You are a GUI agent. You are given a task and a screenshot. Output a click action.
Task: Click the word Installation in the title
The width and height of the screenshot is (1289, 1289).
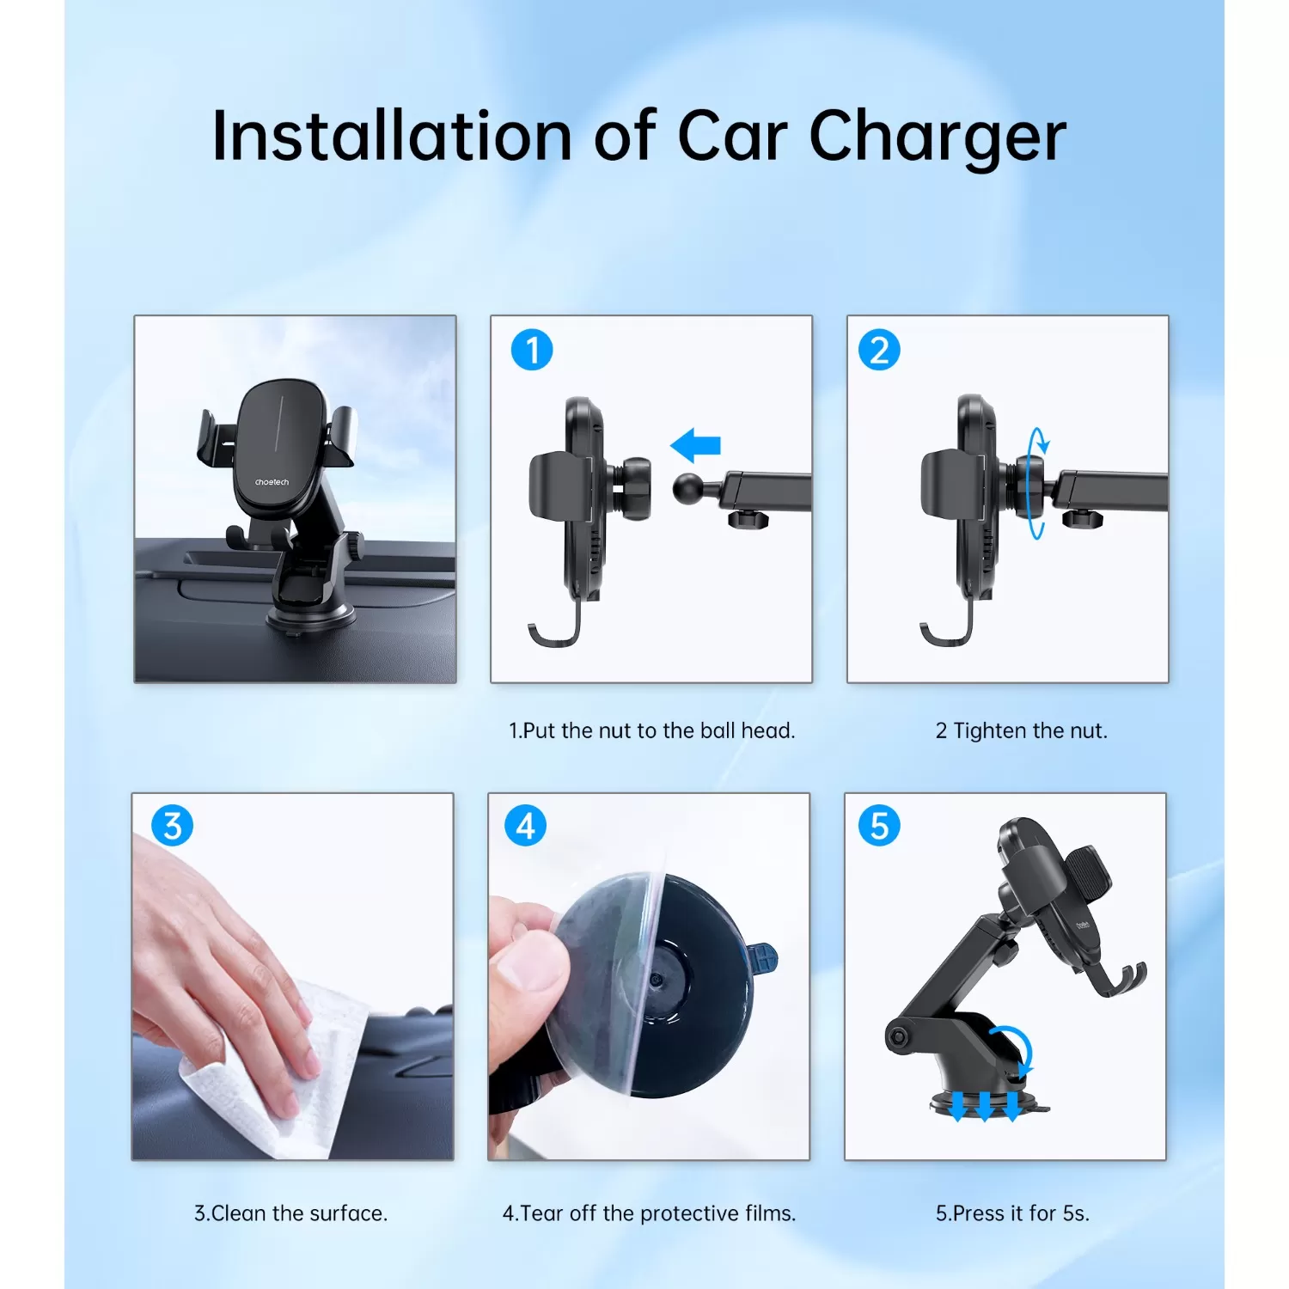point(392,136)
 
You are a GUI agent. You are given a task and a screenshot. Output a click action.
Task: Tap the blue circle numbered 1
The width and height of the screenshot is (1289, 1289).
point(532,351)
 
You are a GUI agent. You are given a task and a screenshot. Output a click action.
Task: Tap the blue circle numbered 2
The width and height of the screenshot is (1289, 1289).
point(879,351)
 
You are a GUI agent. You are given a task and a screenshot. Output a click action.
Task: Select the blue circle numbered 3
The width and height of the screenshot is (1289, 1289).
point(172,826)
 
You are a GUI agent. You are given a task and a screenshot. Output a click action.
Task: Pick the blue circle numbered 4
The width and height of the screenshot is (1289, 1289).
point(525,826)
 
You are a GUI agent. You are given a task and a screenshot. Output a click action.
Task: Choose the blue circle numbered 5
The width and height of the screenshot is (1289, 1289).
point(879,826)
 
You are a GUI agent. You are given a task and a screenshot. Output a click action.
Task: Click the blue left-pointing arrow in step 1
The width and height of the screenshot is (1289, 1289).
point(695,446)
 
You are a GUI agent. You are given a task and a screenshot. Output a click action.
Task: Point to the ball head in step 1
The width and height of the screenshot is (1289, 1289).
point(688,489)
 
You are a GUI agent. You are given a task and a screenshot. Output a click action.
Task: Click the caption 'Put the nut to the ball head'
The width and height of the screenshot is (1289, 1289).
point(651,730)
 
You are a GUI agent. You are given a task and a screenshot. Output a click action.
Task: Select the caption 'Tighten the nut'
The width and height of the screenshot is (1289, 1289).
point(1021,730)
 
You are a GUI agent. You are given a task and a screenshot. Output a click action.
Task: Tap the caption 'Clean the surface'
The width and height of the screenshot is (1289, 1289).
point(290,1213)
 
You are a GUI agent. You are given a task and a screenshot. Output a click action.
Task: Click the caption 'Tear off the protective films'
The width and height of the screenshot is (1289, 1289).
point(649,1213)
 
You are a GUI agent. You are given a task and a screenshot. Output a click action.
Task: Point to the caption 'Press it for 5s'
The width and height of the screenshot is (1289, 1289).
point(1012,1213)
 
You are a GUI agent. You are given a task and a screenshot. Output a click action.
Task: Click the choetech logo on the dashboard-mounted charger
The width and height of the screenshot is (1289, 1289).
point(272,482)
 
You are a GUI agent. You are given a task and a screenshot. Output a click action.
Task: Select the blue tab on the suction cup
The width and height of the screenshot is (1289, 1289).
point(762,958)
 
